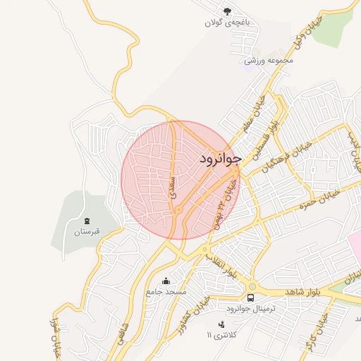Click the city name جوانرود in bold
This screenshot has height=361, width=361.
click(x=220, y=158)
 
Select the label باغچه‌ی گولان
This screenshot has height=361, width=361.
click(x=226, y=23)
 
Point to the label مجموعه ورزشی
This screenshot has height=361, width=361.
click(x=268, y=61)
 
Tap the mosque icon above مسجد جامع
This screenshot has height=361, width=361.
click(x=166, y=281)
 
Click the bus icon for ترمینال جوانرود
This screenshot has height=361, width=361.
click(x=252, y=288)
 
